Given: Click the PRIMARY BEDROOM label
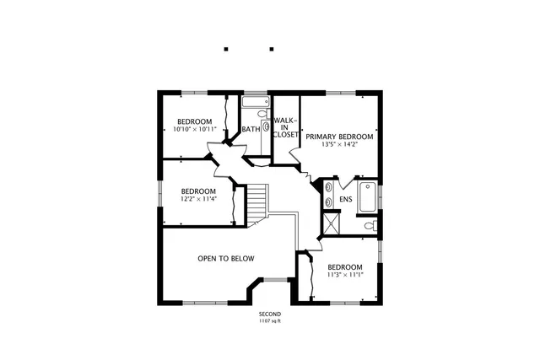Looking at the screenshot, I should tap(339, 136).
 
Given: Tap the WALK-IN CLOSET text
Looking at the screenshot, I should tap(285, 127).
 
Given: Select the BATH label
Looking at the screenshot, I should tap(251, 129).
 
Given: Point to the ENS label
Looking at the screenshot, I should tap(345, 200).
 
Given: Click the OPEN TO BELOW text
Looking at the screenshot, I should tap(225, 259).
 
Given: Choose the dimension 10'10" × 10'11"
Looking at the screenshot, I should tap(195, 130).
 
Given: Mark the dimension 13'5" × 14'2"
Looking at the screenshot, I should tap(339, 144).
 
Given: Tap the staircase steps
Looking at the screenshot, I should tap(256, 202).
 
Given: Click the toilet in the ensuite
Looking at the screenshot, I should tap(369, 226).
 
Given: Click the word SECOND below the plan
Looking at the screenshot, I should tap(269, 314).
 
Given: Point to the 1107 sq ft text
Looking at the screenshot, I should tap(269, 321).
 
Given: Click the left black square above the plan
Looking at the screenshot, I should tap(226, 49).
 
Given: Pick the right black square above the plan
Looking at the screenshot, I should tap(271, 49).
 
